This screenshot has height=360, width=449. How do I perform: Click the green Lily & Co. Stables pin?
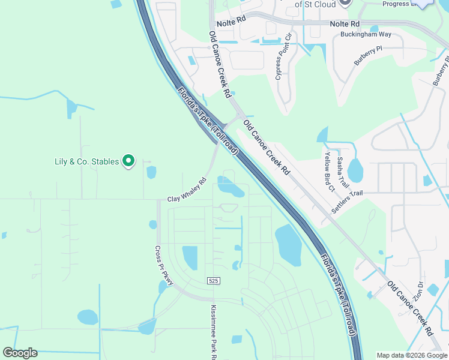128,161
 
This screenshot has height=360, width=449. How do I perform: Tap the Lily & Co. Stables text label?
87,161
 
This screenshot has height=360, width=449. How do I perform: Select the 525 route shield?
213,281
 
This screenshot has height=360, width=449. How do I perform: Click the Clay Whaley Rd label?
187,190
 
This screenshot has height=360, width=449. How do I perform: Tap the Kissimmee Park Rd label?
214,333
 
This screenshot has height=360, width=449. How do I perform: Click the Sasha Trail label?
342,172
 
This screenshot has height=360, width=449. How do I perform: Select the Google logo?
20,353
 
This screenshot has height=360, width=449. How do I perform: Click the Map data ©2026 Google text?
411,355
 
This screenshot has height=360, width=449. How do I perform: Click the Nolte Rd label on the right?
345,24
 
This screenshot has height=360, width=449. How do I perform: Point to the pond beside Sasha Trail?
355,170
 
